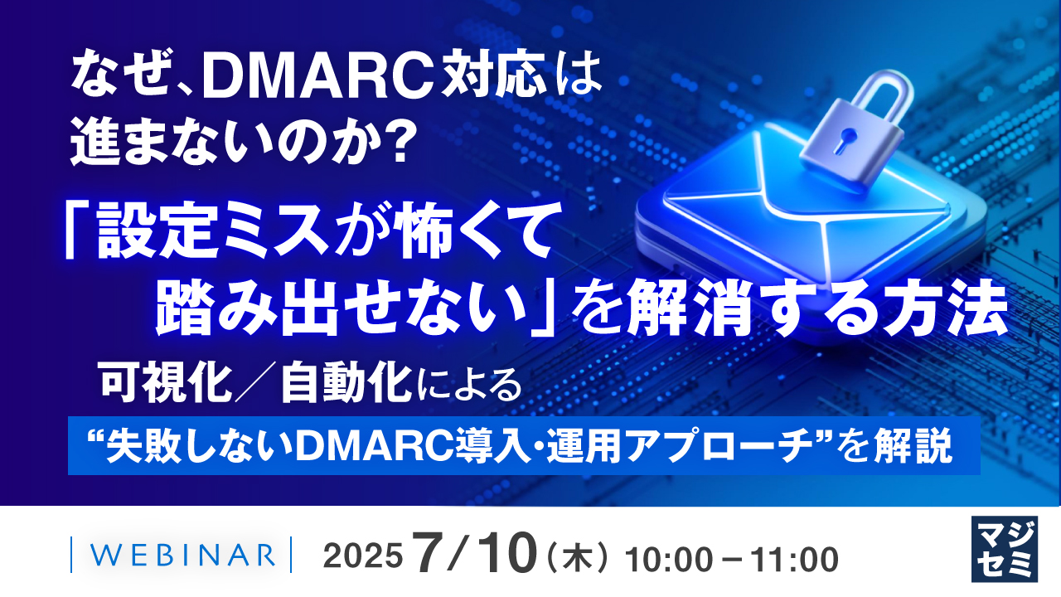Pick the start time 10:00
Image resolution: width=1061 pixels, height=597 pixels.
pos(663,556)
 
